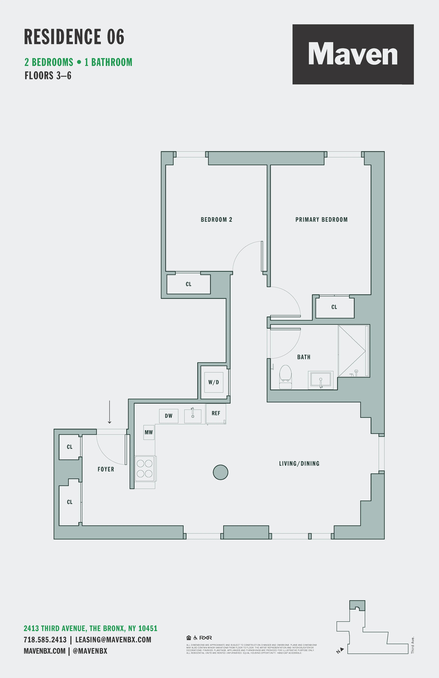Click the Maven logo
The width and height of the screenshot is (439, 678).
pos(353,54)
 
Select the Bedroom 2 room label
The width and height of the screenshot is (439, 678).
pos(216,220)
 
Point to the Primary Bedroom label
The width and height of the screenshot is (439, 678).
pos(321,220)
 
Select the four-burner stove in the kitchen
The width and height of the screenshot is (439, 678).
pos(144,469)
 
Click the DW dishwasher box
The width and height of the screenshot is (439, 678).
pos(168,416)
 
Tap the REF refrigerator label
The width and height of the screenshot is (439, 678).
pos(216,413)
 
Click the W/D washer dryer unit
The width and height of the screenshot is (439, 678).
pos(214,382)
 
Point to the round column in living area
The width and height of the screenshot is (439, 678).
pos(220,472)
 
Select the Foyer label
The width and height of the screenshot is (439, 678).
pos(106,469)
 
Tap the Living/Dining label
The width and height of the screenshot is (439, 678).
pos(299,463)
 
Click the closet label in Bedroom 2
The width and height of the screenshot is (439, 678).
pos(188,284)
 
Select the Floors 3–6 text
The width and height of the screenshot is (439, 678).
pos(48,76)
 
